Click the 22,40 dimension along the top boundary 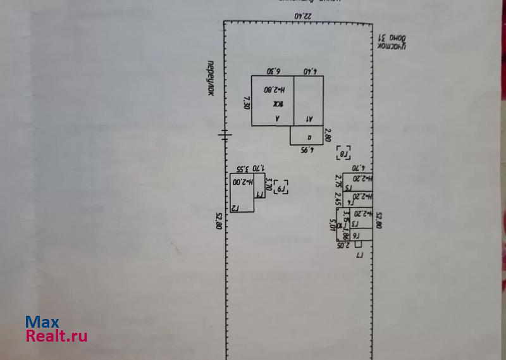303,16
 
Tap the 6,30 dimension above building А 273,71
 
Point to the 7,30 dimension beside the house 246,102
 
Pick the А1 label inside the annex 310,118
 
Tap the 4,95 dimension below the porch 307,150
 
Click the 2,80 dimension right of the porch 328,135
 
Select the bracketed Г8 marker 345,154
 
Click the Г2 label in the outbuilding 234,207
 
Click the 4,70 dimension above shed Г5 358,169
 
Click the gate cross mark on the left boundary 225,133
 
